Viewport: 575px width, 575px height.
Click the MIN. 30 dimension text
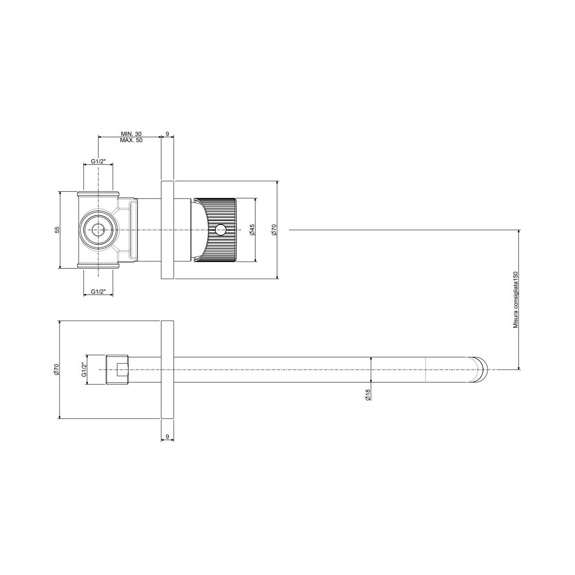[x=131, y=134]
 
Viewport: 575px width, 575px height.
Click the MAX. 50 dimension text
[x=131, y=140]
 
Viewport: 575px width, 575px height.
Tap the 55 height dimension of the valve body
[x=57, y=230]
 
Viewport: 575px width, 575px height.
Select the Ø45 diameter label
[x=252, y=230]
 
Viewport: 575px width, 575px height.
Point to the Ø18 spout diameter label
[x=368, y=394]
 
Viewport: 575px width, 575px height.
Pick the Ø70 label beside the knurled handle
[x=274, y=230]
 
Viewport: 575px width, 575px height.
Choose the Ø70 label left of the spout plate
[x=57, y=369]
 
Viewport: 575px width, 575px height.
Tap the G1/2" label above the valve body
[x=98, y=161]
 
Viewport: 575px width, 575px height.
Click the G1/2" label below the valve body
[x=98, y=292]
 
